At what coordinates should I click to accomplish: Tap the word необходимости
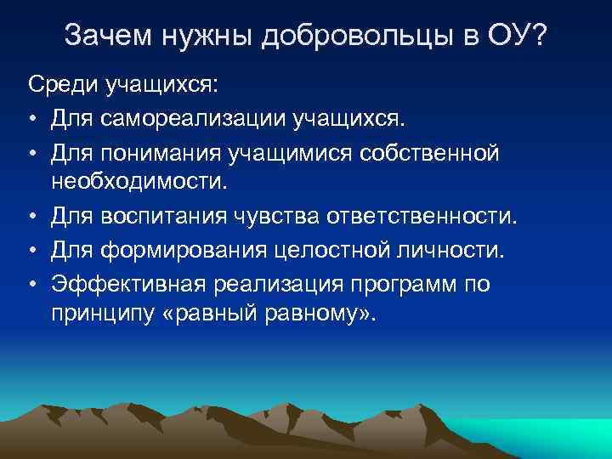pos(139,181)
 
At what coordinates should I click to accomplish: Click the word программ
pos(407,283)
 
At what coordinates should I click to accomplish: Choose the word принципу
pos(105,314)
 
